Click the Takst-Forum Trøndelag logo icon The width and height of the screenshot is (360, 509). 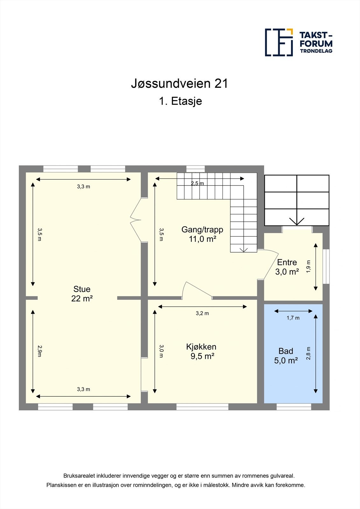point(279,42)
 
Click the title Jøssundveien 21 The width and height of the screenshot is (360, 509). point(180,84)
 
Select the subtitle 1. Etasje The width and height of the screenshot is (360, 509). point(180,101)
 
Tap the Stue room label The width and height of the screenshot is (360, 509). point(82,289)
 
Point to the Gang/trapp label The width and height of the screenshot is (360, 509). point(202,229)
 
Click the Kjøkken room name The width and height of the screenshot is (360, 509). point(201,347)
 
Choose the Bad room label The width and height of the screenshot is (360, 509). point(286,351)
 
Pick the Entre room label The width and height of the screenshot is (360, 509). point(287,262)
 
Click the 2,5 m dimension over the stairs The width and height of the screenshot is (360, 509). point(197,184)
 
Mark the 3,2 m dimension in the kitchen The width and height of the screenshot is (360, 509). point(202,313)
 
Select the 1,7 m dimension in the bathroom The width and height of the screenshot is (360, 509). point(293,318)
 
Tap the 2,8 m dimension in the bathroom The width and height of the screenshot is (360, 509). point(308,353)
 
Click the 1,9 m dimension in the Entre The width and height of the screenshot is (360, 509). point(308,267)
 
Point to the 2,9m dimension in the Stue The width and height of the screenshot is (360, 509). point(39,351)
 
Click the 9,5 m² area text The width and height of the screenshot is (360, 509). point(202,356)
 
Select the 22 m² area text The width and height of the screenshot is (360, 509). point(82,299)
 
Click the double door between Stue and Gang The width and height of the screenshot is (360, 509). point(136,220)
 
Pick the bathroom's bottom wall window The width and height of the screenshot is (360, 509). point(293,407)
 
